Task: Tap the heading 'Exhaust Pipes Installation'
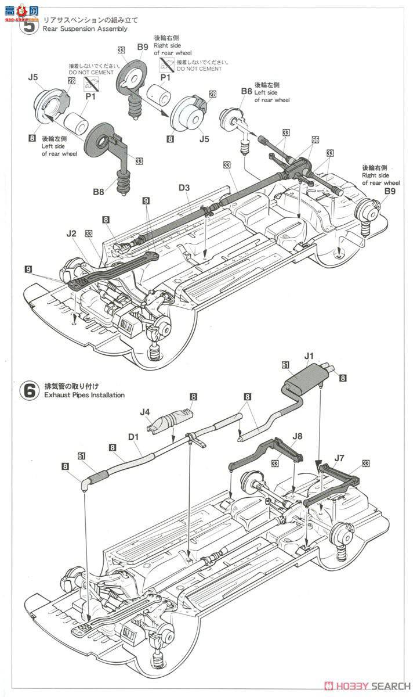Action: click(84, 395)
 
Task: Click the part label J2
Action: click(71, 233)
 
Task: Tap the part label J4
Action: click(144, 413)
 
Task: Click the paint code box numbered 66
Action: click(315, 140)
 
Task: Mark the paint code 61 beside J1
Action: click(285, 364)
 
